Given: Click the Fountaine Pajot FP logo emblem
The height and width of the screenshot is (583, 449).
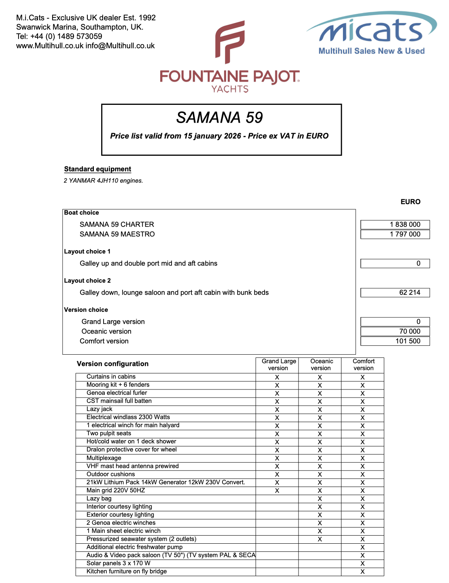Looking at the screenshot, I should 229,42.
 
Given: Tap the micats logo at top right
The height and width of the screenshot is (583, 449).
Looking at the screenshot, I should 371,33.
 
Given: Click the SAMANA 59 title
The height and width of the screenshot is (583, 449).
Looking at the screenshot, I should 220,118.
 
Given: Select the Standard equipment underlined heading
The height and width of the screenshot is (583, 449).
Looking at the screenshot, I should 97,169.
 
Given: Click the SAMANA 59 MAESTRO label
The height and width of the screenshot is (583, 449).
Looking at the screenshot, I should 117,234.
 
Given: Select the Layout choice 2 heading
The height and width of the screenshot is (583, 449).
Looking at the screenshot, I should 87,281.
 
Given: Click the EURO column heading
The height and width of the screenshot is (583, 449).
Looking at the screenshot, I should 410,202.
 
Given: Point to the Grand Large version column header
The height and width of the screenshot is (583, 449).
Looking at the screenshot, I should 278,365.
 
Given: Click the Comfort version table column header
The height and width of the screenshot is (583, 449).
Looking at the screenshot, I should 363,365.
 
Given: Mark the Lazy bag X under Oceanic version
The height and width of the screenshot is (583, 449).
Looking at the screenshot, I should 320,499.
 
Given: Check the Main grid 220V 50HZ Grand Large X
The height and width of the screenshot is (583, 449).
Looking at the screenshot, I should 277,491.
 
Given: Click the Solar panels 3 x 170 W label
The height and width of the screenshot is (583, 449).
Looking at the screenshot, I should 118,564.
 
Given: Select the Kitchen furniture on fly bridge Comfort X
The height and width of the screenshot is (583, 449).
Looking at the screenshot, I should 362,572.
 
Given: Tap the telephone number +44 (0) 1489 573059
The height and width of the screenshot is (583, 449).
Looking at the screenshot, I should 66,36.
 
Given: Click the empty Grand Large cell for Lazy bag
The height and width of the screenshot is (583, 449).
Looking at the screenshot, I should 277,499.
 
